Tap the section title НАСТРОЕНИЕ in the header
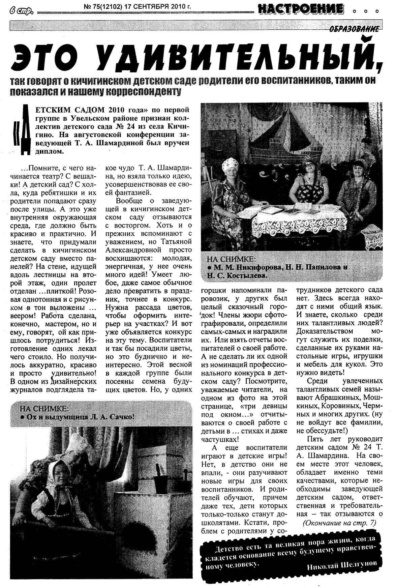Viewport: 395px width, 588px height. [x=301, y=9]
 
